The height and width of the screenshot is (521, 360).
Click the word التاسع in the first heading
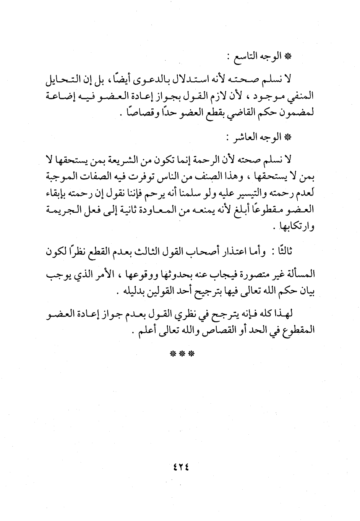point(245,57)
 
